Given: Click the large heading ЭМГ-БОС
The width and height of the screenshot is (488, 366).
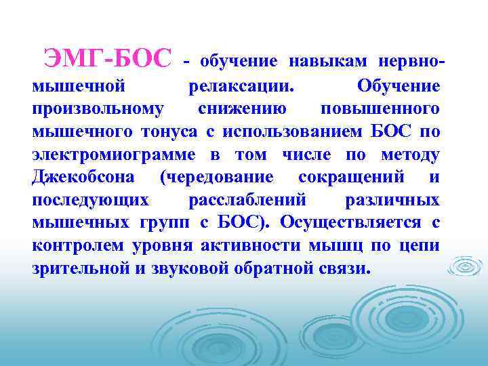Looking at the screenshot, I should click(108, 59).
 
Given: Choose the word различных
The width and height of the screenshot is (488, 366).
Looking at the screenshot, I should click(392, 200).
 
